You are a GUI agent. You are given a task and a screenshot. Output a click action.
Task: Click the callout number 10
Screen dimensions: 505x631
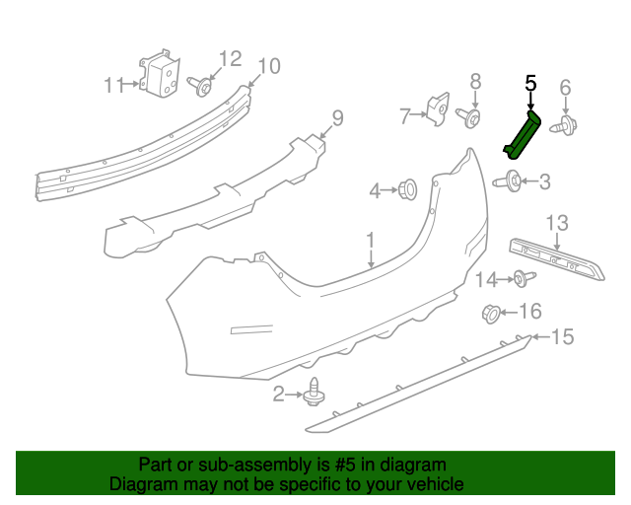click(x=268, y=66)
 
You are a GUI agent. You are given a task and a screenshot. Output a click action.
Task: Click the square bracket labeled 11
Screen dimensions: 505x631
click(x=159, y=76)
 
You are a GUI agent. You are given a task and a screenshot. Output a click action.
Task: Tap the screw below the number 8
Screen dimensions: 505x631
click(x=471, y=118)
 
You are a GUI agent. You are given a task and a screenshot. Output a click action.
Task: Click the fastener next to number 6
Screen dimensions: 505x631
click(x=566, y=124)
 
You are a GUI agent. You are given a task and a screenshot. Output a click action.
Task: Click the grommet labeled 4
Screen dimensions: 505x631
click(x=407, y=188)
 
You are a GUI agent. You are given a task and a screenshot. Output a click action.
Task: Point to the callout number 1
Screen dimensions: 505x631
click(x=371, y=240)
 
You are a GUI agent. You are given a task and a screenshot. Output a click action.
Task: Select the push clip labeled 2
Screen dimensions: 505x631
click(x=315, y=392)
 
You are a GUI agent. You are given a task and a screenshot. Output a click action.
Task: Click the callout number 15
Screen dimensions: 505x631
click(x=561, y=337)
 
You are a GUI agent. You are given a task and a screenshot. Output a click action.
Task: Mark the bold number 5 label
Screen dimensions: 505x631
click(x=529, y=84)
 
